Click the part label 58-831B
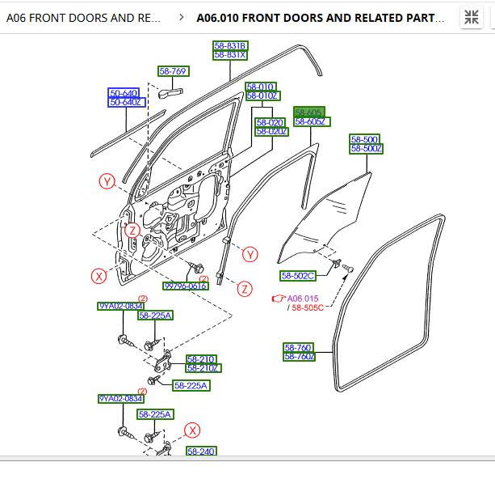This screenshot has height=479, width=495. pos(230,46)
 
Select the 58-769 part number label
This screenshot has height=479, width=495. pos(173,71)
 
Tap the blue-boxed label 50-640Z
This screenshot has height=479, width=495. pos(125,102)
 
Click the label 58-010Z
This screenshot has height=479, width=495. pos(262,95)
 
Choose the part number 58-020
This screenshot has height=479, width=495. pos(270,122)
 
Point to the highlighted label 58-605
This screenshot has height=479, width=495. pos(308,112)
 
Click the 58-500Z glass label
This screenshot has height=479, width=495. pos(366,148)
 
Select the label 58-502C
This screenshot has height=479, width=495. pos(298,276)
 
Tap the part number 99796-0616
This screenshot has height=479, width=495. pos(186,286)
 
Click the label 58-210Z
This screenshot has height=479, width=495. pos(203,368)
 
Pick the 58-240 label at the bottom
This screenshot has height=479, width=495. pos(201,451)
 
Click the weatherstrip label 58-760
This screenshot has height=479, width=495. pos(297,347)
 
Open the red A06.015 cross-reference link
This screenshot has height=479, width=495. pos(303,299)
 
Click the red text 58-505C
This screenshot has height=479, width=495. pos(308,307)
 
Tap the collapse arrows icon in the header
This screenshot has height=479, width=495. pos(471,17)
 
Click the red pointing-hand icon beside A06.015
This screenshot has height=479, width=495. pos(279,299)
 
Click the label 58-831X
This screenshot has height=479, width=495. pos(230,55)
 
